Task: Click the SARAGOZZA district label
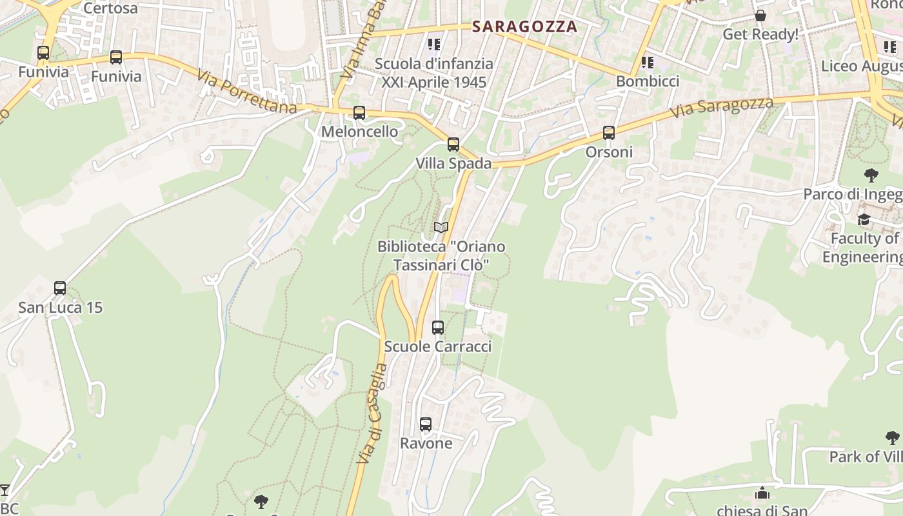coord(524,26)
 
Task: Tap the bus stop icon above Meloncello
coord(359,113)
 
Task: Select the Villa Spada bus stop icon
coord(453,144)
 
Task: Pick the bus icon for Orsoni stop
coord(609,133)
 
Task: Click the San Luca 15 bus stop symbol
coord(60,288)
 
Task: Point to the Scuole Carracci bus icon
coord(438,328)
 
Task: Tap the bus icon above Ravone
coord(426,424)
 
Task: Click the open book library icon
coord(441,227)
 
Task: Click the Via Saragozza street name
coord(721,108)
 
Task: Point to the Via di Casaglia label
coord(372,413)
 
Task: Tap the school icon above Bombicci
coord(648,63)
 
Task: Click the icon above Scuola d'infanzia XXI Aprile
coord(434,45)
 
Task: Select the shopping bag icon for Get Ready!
coord(760,15)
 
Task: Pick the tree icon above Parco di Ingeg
coord(871,175)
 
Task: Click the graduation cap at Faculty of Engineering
coord(864,219)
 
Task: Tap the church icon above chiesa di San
coord(762,493)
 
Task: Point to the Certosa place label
coord(110,8)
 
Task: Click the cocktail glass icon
coord(5,490)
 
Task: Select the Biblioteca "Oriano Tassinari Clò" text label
coord(441,255)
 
